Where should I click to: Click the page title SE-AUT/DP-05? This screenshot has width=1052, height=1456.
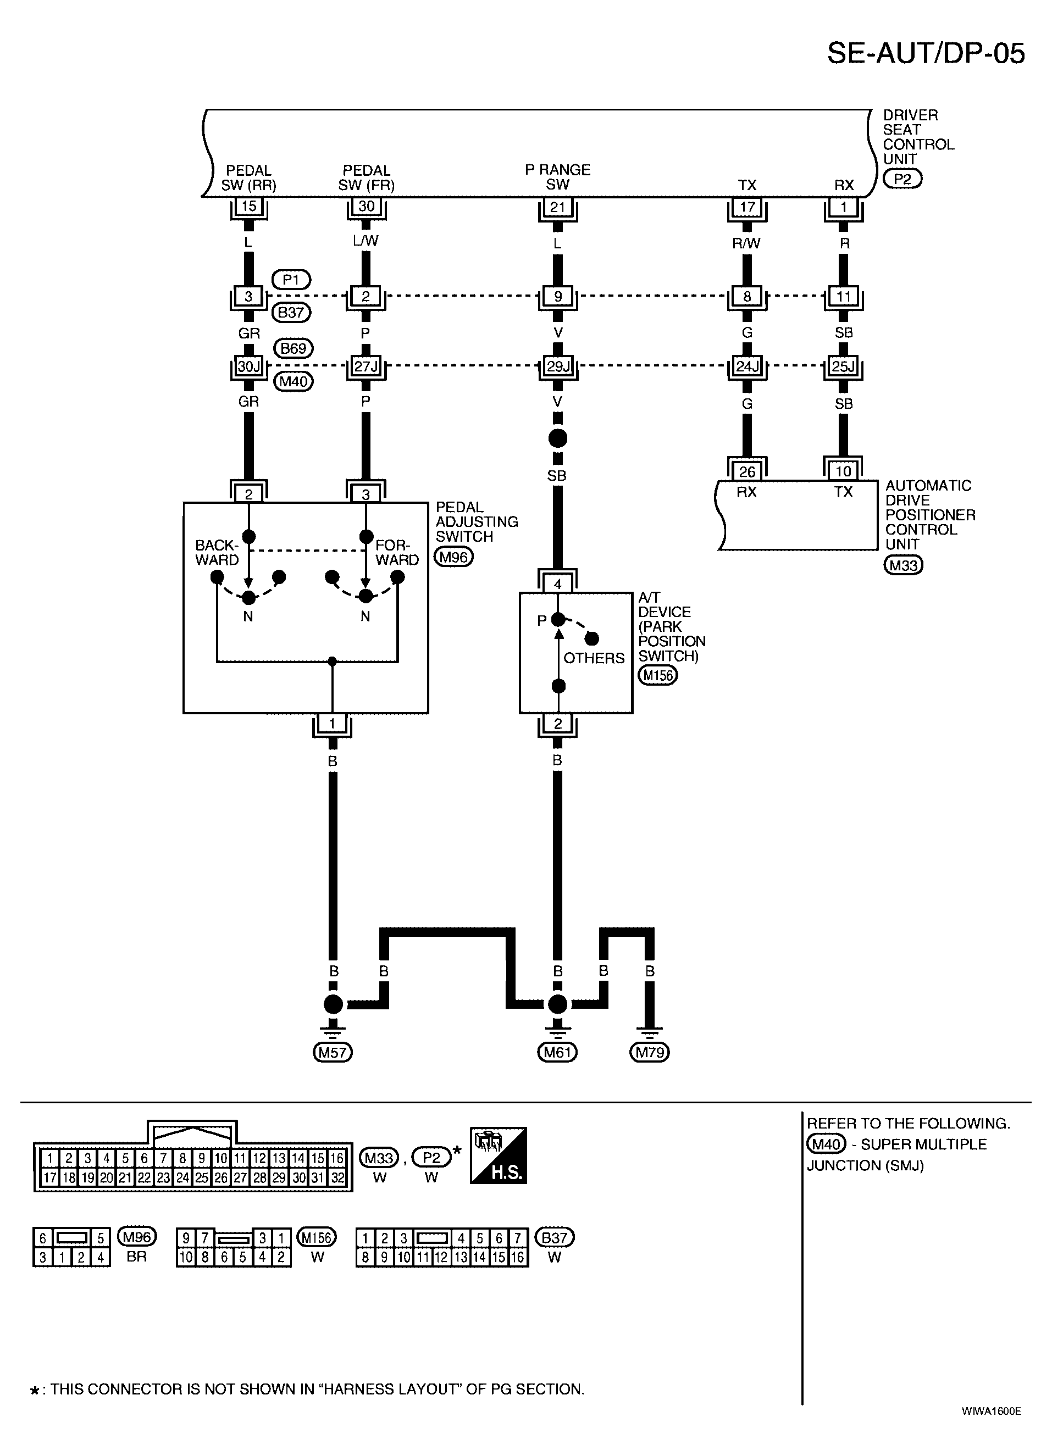[x=926, y=53]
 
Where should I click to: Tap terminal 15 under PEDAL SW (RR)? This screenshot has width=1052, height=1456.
[x=248, y=207]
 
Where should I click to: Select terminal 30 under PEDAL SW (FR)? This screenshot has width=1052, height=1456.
[x=366, y=207]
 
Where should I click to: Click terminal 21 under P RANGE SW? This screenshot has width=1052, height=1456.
[x=557, y=207]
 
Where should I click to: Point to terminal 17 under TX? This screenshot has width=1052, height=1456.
[x=747, y=207]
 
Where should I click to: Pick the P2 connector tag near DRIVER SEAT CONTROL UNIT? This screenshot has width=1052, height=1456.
[x=902, y=179]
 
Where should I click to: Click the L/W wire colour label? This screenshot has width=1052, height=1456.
[x=366, y=241]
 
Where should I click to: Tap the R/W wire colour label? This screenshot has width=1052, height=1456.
[x=747, y=243]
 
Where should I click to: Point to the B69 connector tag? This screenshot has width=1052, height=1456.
[x=294, y=348]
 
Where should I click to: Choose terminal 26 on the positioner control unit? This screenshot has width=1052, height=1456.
[x=747, y=472]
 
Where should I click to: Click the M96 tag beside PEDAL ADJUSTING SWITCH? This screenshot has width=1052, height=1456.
[x=454, y=557]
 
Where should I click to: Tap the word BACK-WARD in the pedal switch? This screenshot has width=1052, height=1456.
[x=217, y=553]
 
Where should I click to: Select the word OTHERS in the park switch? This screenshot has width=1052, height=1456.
[x=594, y=658]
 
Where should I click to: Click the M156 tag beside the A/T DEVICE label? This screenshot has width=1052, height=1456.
[x=658, y=675]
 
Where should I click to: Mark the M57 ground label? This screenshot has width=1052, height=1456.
[x=333, y=1052]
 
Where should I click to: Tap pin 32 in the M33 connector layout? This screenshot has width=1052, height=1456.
[x=336, y=1177]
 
